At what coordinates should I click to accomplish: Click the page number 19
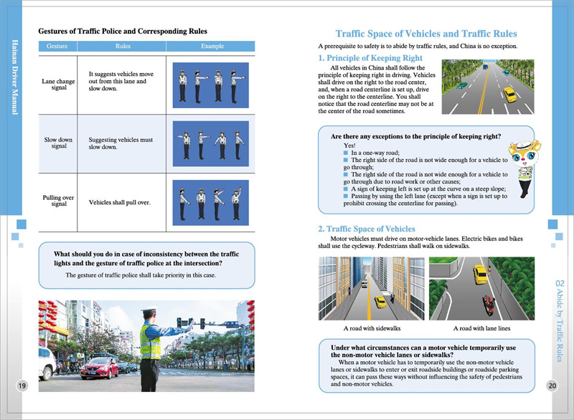point(22,386)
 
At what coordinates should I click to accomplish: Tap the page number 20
point(552,386)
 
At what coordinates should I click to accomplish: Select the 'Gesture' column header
point(57,46)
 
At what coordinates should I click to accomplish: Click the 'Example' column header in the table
point(211,46)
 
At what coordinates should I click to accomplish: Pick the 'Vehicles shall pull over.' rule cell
point(119,202)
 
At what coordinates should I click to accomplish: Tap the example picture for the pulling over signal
point(211,201)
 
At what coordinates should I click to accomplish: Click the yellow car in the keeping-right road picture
point(510,95)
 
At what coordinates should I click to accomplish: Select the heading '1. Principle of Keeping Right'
point(370,57)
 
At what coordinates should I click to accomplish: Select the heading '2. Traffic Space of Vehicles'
point(366,229)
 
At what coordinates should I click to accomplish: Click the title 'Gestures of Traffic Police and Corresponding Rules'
point(123,32)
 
